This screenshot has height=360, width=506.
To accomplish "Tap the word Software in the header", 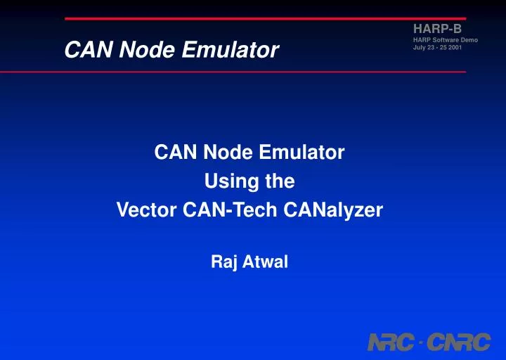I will click(444, 40).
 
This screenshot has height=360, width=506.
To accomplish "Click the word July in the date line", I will click(420, 48).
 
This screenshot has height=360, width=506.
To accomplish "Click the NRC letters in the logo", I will click(391, 343).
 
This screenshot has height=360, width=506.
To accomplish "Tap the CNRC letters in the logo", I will click(457, 343).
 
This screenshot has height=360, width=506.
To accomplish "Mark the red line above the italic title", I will click(265, 18).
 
